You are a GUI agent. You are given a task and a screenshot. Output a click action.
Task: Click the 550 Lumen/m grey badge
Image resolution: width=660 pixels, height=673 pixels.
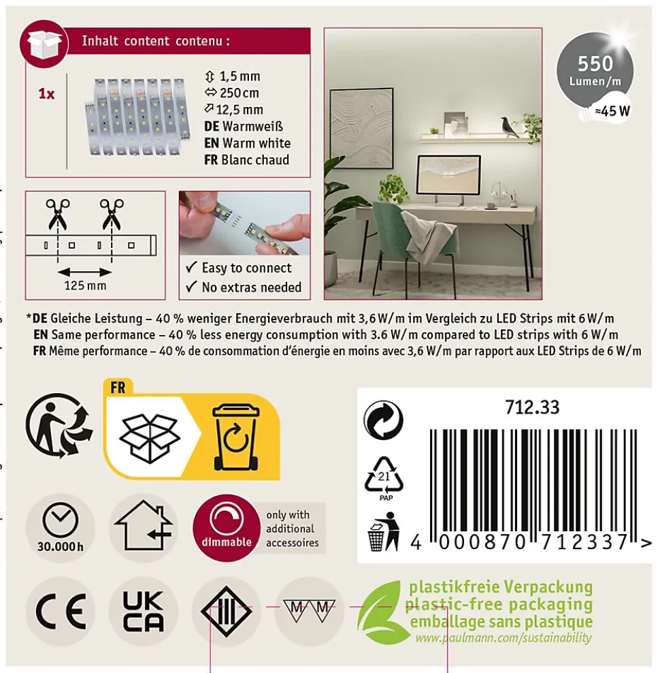(595, 70)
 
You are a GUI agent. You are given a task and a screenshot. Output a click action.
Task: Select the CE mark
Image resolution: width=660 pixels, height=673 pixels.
(61, 611)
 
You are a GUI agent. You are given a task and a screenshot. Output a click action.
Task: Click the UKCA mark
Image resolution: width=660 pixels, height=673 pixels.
(144, 612)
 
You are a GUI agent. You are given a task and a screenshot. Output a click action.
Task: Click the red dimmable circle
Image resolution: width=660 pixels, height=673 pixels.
(227, 527)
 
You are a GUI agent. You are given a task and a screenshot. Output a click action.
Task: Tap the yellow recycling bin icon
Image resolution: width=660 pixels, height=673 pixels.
(235, 437)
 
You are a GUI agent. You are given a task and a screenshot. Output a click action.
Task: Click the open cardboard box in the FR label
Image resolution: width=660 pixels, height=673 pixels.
(149, 437)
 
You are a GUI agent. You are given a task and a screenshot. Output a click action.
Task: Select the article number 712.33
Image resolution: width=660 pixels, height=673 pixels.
(532, 407)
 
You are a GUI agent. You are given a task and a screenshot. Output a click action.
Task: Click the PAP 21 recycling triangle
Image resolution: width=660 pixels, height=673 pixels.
(384, 478)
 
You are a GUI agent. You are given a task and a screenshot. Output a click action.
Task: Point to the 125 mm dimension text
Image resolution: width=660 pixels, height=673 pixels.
(85, 285)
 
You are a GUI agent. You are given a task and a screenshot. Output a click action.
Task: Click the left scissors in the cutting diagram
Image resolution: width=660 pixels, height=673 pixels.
(58, 214)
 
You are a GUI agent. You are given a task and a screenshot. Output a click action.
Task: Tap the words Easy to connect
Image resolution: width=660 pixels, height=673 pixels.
(246, 268)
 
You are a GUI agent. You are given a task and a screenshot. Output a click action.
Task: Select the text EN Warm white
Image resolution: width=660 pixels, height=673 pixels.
(248, 143)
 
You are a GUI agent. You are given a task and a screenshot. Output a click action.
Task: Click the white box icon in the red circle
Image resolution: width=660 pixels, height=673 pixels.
(44, 44)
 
